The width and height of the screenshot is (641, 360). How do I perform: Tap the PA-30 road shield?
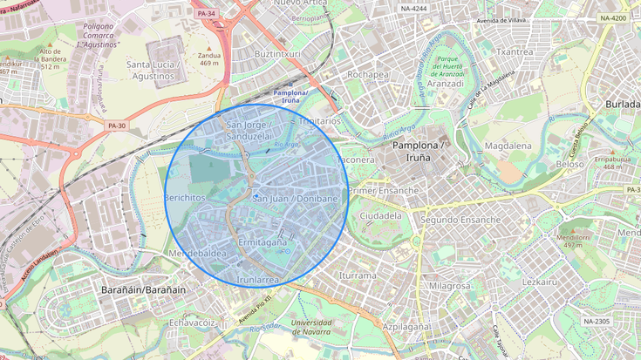tap(116, 126)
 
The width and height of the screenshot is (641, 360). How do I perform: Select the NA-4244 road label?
tap(413, 9)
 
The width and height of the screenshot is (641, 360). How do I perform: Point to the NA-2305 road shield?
tap(597, 322)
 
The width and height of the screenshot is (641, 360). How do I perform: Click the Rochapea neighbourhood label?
tap(368, 74)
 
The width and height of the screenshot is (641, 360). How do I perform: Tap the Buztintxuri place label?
tap(277, 53)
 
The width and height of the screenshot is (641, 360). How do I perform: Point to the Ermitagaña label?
tap(263, 241)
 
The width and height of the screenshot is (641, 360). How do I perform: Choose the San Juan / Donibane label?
tap(295, 199)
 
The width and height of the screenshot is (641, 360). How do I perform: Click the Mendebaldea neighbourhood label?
tap(197, 254)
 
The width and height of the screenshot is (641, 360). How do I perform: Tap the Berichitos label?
tap(184, 198)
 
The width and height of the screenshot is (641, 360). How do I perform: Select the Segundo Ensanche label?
tap(460, 220)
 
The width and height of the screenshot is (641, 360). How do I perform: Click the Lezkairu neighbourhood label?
tap(539, 282)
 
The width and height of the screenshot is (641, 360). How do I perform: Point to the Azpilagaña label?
tap(406, 326)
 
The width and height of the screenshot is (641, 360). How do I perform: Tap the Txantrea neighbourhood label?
tap(514, 51)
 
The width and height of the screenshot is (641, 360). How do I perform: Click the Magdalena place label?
tap(508, 146)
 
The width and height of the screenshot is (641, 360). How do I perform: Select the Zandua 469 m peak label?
tap(208, 58)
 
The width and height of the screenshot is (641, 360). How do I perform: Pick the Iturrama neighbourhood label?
tap(358, 275)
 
